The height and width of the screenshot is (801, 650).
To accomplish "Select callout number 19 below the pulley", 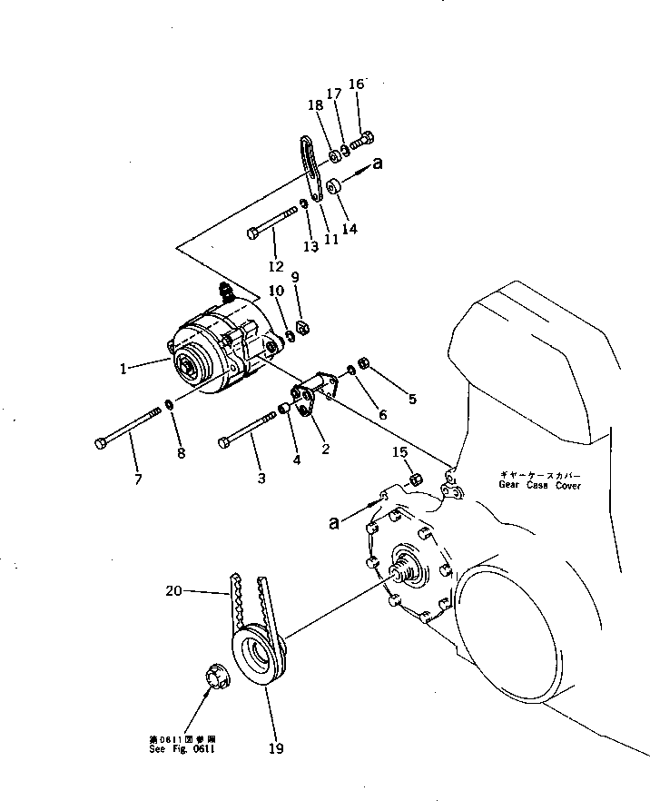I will click(x=276, y=748).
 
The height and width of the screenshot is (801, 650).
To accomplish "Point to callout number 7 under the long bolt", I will click(x=138, y=479).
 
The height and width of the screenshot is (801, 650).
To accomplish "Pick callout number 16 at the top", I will click(x=356, y=84).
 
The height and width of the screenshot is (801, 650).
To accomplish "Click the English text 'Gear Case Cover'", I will click(x=538, y=486).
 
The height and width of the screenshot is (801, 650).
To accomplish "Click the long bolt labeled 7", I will click(x=127, y=429).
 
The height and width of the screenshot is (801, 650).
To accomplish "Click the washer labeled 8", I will click(x=169, y=403).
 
